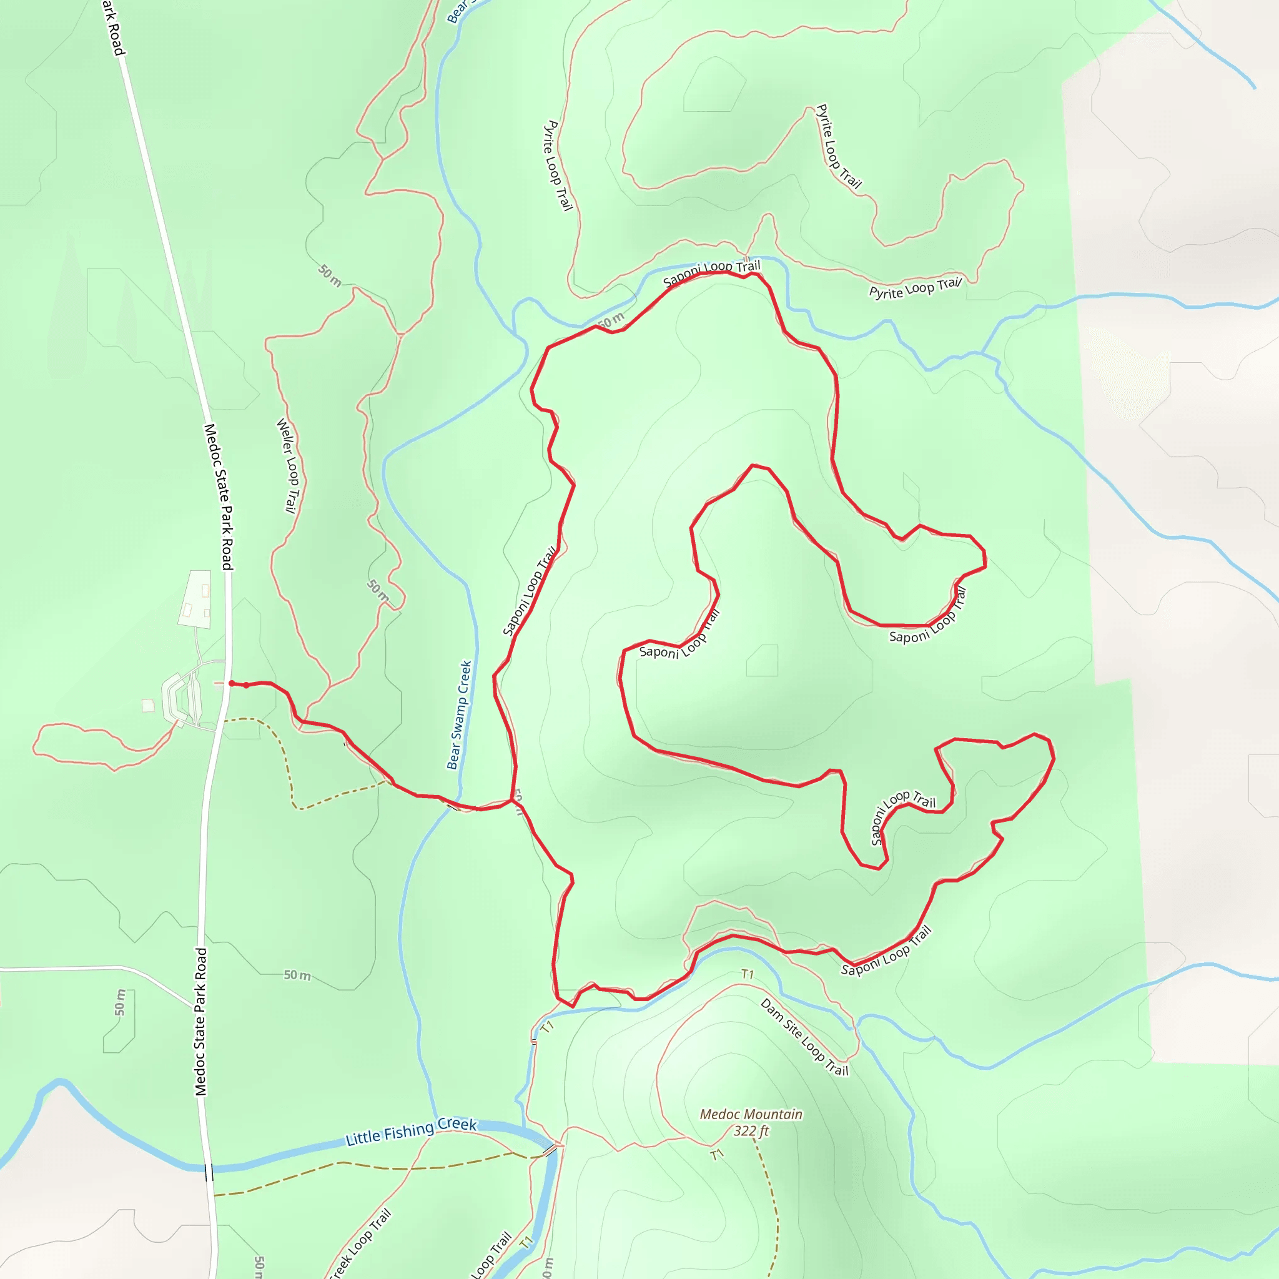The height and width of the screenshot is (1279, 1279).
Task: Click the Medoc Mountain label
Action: point(751,1115)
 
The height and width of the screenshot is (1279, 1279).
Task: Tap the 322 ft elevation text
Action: point(751,1132)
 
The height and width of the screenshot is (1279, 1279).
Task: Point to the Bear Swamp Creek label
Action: point(459,715)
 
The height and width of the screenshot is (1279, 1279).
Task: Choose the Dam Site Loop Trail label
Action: point(804,1037)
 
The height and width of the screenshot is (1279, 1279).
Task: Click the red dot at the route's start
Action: point(231,683)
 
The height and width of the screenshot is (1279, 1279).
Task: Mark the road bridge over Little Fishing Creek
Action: point(209,1172)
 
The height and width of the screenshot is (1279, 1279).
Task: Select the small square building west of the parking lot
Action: point(148,706)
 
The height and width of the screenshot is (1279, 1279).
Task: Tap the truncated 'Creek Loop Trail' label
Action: point(361,1244)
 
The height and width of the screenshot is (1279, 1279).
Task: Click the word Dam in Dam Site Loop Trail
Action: point(772,1007)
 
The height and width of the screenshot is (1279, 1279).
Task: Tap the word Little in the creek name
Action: point(363,1138)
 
